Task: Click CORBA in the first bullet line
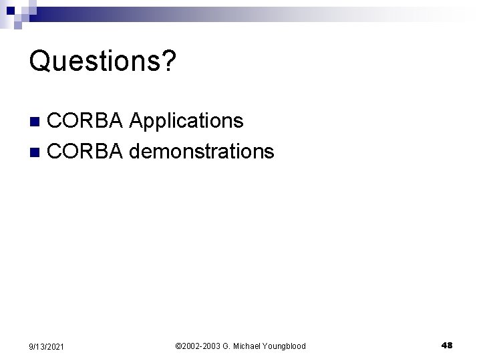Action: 86,121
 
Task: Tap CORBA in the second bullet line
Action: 86,152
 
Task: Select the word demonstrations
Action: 201,152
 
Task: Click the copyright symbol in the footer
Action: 178,346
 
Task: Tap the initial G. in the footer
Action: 225,346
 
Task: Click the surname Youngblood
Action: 283,346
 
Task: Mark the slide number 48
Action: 447,345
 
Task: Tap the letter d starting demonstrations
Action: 135,152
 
